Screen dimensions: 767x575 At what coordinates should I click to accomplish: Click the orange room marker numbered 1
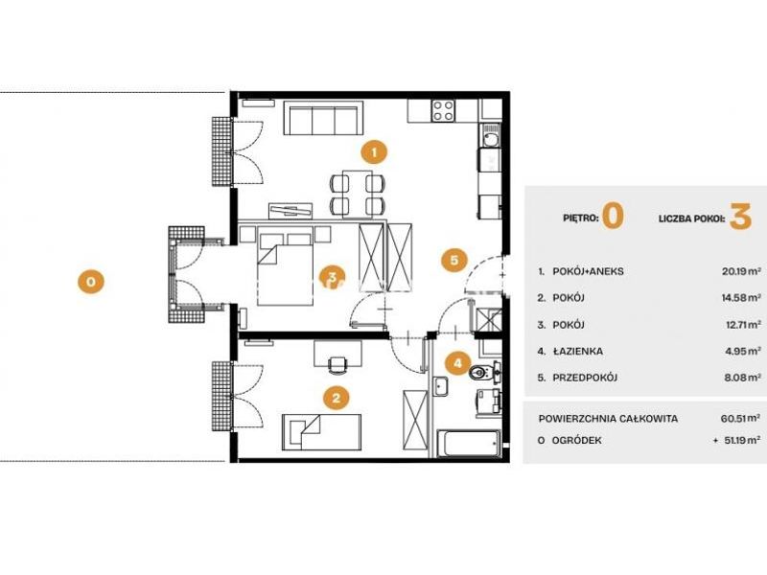[374, 152]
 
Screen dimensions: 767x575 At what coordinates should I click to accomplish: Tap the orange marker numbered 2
[337, 398]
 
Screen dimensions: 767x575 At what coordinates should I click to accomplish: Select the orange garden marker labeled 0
[90, 282]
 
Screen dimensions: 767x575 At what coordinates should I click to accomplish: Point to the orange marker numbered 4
[458, 363]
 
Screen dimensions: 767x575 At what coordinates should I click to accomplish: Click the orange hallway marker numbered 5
[453, 260]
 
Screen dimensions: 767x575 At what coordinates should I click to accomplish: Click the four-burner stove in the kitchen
[443, 110]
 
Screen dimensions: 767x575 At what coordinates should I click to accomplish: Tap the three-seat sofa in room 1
[324, 118]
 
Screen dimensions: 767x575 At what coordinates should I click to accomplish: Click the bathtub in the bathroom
[470, 444]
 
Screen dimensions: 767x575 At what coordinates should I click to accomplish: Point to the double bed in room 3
[285, 269]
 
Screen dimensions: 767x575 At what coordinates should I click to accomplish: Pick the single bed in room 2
[321, 432]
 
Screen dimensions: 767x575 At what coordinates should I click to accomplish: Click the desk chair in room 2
[337, 365]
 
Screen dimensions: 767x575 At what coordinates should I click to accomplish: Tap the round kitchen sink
[490, 140]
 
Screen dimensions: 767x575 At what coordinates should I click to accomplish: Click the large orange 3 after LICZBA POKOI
[740, 217]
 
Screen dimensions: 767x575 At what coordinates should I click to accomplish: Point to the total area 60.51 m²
[740, 419]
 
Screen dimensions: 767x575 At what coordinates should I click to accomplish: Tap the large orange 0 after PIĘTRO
[613, 217]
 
